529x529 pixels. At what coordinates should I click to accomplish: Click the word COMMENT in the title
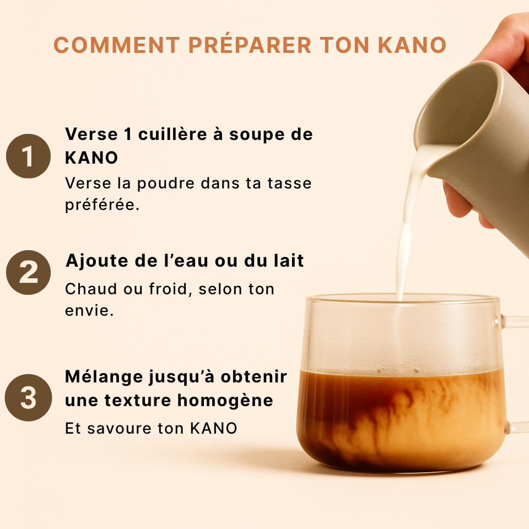(117, 45)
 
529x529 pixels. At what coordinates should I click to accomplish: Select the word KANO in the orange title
(412, 45)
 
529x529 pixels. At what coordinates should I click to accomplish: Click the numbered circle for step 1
(28, 156)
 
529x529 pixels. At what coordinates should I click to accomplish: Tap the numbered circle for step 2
(28, 273)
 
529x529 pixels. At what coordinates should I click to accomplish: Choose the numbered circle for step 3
(28, 398)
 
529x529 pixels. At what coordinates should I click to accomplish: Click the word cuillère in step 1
(172, 134)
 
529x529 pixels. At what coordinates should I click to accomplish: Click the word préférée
(102, 204)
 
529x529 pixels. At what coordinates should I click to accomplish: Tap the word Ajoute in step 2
(97, 261)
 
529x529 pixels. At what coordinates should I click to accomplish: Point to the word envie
(89, 311)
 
